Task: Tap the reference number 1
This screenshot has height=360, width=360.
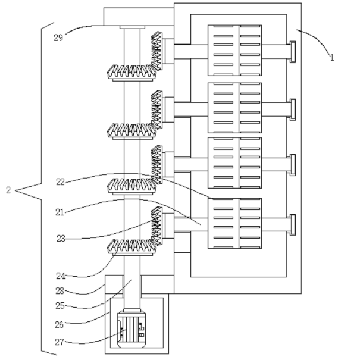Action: click(332, 58)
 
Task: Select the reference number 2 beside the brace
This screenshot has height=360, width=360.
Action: click(8, 191)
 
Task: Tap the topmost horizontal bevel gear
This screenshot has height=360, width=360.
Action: click(131, 72)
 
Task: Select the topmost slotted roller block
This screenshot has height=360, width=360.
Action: click(234, 50)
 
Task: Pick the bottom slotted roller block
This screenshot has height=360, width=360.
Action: click(234, 223)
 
